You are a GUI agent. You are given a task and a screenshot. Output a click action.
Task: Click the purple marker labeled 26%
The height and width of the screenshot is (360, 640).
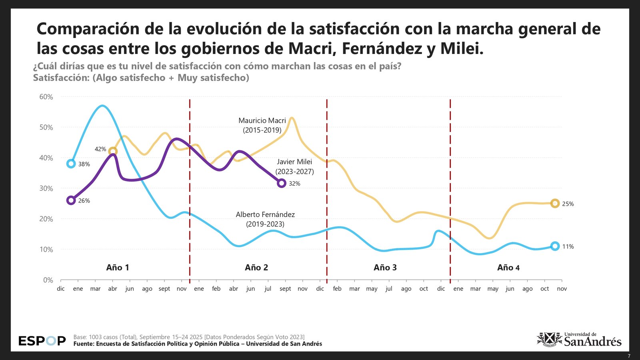tap(71, 200)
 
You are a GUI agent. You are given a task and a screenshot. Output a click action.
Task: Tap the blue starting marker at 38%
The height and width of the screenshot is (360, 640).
tap(71, 164)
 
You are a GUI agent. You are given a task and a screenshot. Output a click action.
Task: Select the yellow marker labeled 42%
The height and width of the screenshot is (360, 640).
tap(113, 151)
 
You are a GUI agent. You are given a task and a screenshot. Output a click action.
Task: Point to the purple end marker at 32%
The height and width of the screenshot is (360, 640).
tap(282, 183)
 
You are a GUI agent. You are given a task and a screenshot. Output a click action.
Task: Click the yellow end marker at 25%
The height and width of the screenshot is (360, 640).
tap(555, 204)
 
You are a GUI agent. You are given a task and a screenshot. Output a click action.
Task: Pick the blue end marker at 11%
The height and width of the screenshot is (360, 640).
tap(555, 246)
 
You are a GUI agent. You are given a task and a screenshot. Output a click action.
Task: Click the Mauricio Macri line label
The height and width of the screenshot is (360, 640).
tap(262, 125)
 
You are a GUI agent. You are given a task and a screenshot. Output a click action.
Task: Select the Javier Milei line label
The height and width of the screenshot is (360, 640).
tap(294, 166)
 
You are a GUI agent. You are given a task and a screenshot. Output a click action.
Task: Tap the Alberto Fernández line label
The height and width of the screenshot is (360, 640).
tap(265, 219)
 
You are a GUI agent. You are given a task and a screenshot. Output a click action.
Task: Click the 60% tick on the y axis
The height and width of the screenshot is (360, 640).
tap(46, 97)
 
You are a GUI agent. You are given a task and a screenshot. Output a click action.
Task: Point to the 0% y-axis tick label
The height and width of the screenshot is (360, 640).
tap(48, 280)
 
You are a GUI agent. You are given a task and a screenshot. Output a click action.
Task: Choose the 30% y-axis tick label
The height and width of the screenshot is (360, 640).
tap(46, 188)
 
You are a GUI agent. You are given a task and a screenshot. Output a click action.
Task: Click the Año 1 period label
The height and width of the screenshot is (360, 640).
tap(118, 268)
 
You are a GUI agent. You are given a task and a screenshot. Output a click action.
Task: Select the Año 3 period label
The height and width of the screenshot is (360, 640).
tap(385, 268)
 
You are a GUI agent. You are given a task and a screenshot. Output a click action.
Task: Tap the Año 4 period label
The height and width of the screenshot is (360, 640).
tap(508, 268)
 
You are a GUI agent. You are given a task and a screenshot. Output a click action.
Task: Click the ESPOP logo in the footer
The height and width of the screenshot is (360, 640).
tap(42, 341)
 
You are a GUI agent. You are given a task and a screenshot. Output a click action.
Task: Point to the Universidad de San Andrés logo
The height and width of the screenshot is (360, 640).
tap(579, 339)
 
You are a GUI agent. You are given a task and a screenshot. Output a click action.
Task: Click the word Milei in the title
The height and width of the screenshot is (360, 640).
tap(462, 48)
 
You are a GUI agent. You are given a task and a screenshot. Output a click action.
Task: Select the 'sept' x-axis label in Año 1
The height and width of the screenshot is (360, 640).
tap(164, 289)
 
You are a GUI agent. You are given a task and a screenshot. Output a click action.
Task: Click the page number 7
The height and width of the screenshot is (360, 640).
tap(629, 356)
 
